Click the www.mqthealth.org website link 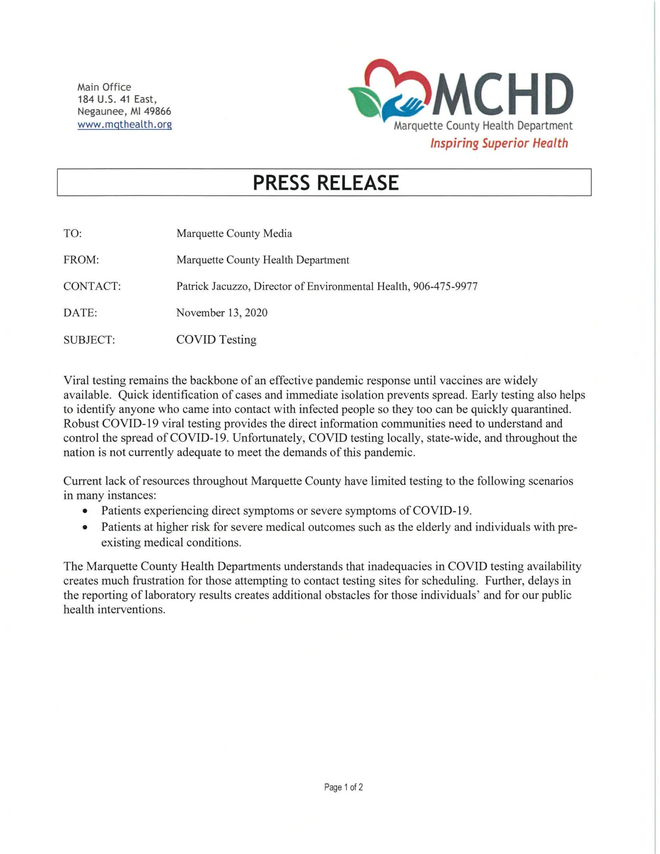point(124,125)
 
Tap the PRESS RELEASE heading point(326,182)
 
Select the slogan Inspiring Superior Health point(499,143)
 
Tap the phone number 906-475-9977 point(445,287)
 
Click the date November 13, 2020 point(222,313)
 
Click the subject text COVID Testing point(216,339)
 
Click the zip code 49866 point(158,112)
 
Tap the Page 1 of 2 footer point(343,787)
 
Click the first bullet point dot point(85,511)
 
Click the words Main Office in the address point(104,87)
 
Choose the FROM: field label point(81,260)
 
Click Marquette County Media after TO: point(234,234)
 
